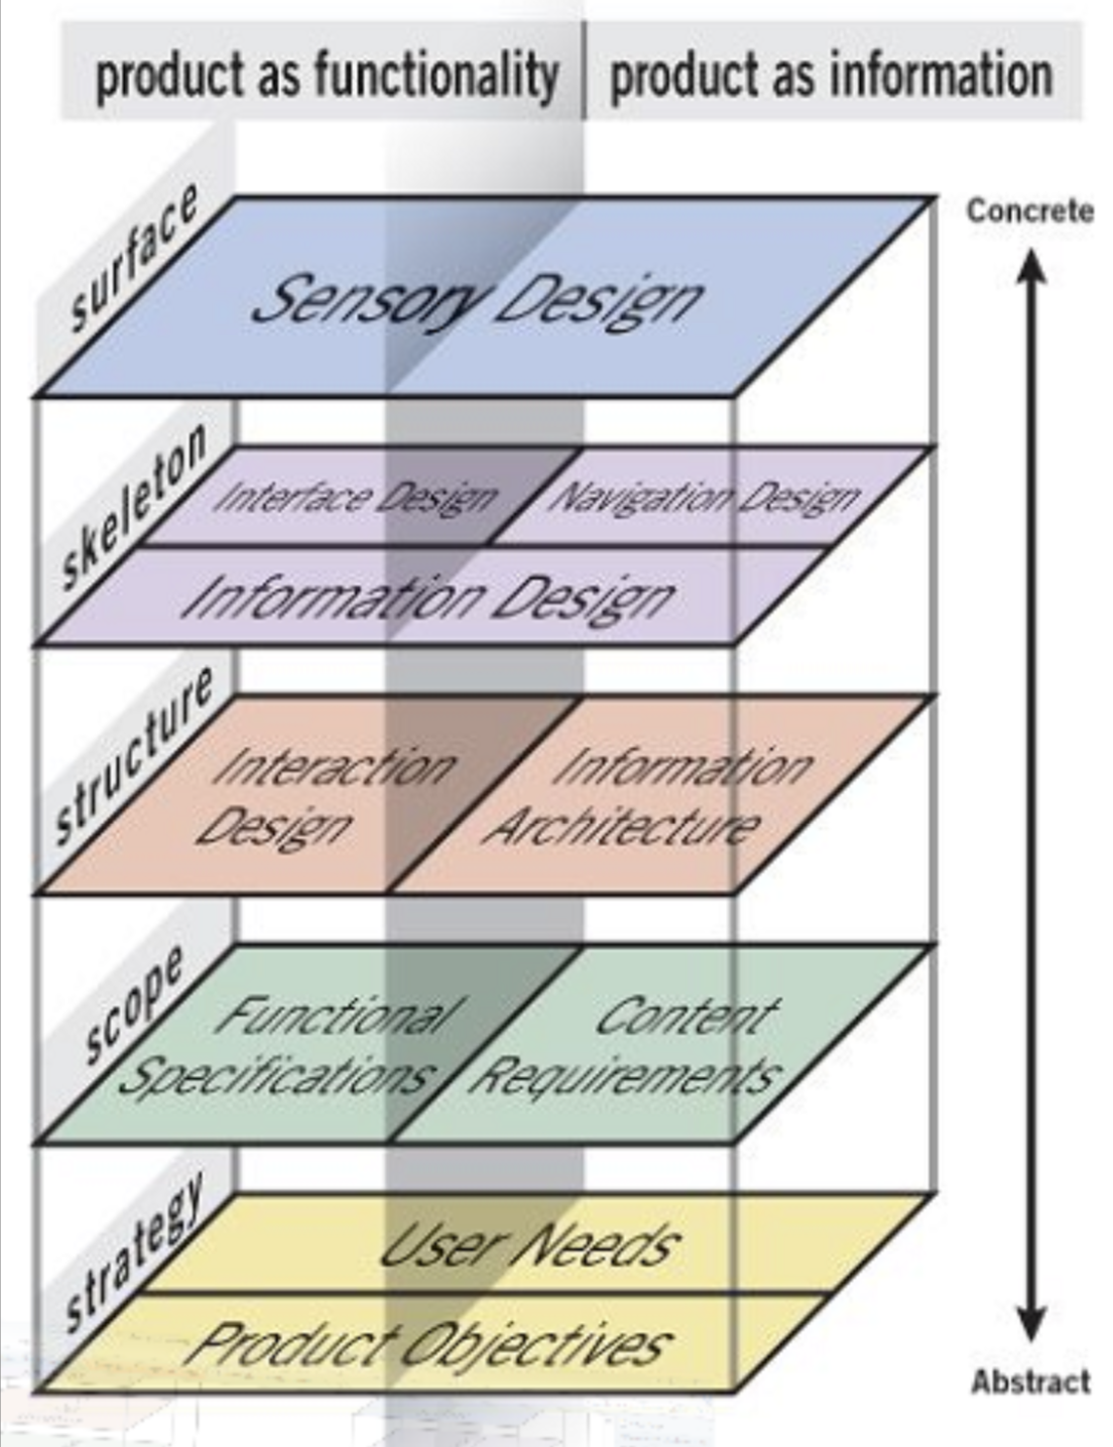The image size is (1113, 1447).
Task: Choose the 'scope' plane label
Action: pyautogui.click(x=133, y=1004)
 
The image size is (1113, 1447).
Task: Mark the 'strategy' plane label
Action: pyautogui.click(x=133, y=1252)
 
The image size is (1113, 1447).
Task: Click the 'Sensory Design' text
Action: pyautogui.click(x=477, y=297)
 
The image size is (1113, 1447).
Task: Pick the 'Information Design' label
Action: pyautogui.click(x=427, y=596)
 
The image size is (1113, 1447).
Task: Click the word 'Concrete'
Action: pyautogui.click(x=1030, y=210)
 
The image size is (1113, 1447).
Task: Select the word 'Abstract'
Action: pyautogui.click(x=1030, y=1381)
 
